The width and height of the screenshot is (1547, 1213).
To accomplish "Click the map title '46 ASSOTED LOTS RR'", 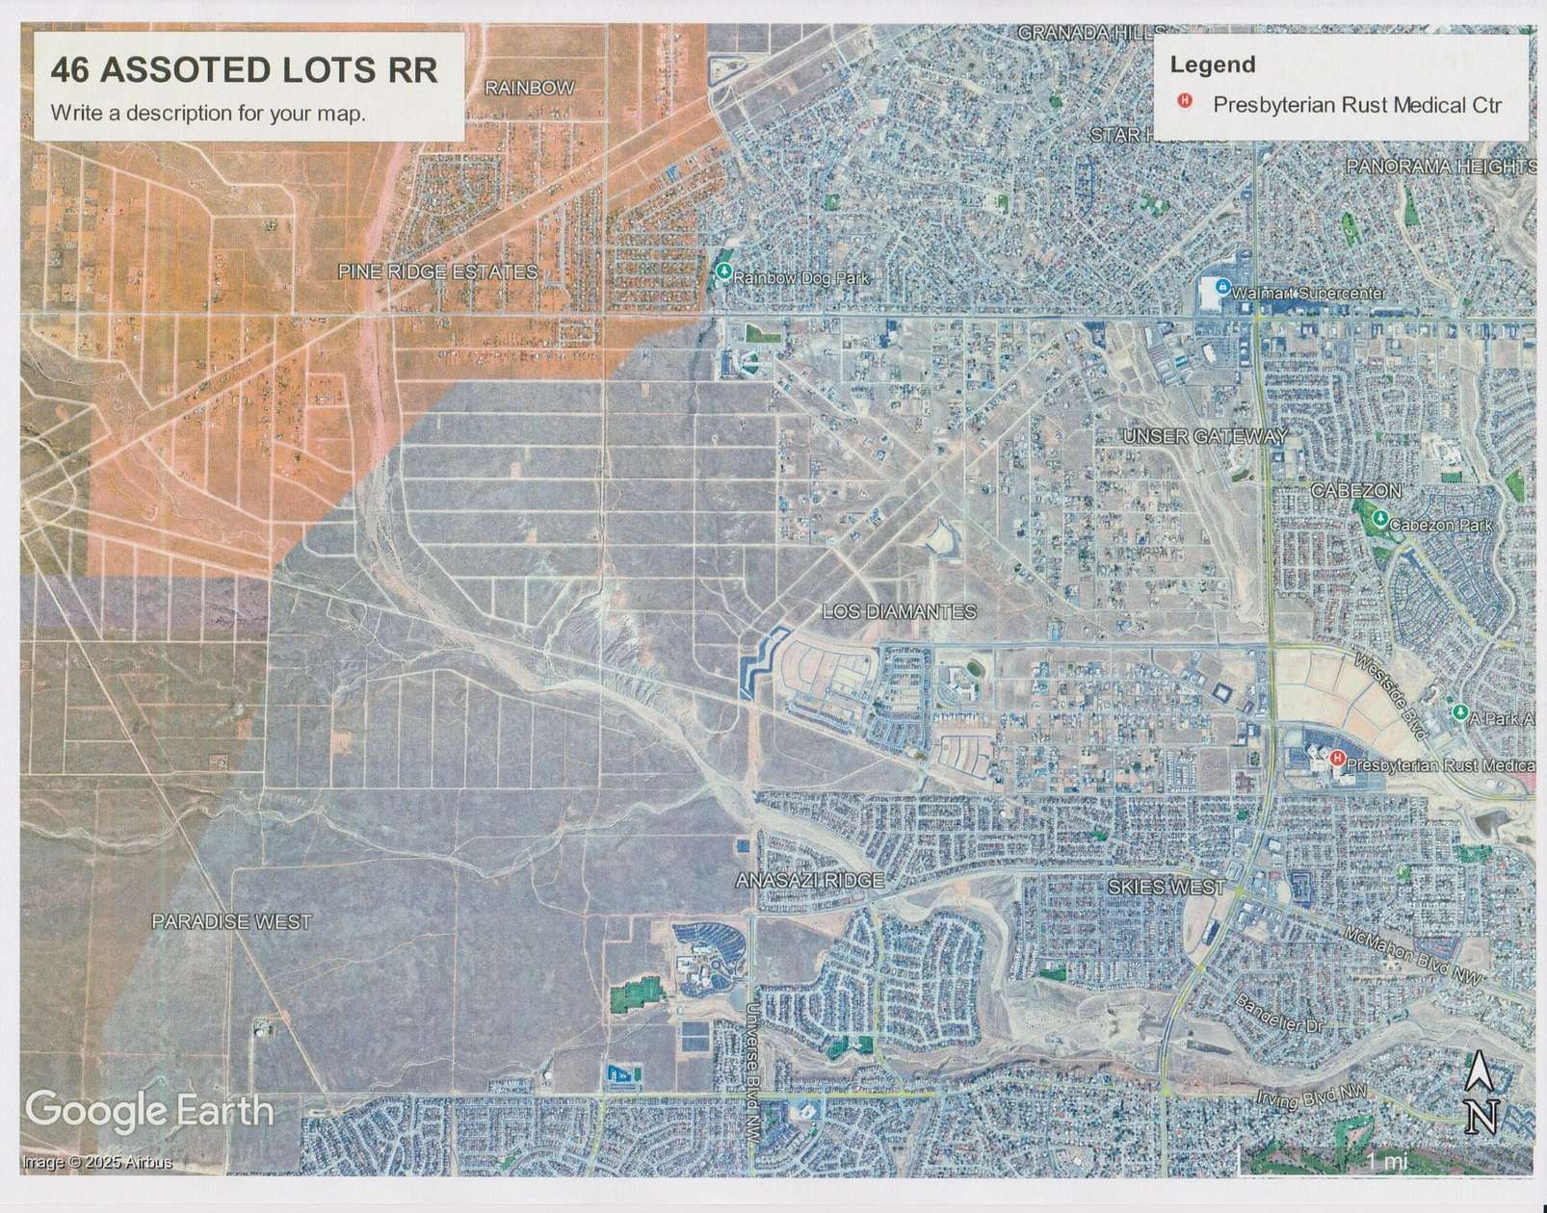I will (244, 70).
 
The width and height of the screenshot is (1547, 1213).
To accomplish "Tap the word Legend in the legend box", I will (1212, 65).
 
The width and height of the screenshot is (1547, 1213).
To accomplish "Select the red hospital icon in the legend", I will (1187, 100).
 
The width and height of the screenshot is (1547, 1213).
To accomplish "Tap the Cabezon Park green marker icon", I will (1380, 520).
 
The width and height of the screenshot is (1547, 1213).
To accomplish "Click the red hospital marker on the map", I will (1337, 760).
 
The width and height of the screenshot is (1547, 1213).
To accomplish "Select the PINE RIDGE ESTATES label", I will (437, 272).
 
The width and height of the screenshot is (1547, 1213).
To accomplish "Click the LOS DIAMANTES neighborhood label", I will (899, 612).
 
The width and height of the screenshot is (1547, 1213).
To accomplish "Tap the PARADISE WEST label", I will (231, 921).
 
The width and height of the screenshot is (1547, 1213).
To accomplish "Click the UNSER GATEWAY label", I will (1204, 437).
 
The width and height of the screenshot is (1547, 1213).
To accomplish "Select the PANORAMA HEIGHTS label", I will (1440, 167).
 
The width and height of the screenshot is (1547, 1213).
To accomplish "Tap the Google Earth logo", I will (149, 1109).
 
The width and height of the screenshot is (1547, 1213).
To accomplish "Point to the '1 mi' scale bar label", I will (1387, 1162).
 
